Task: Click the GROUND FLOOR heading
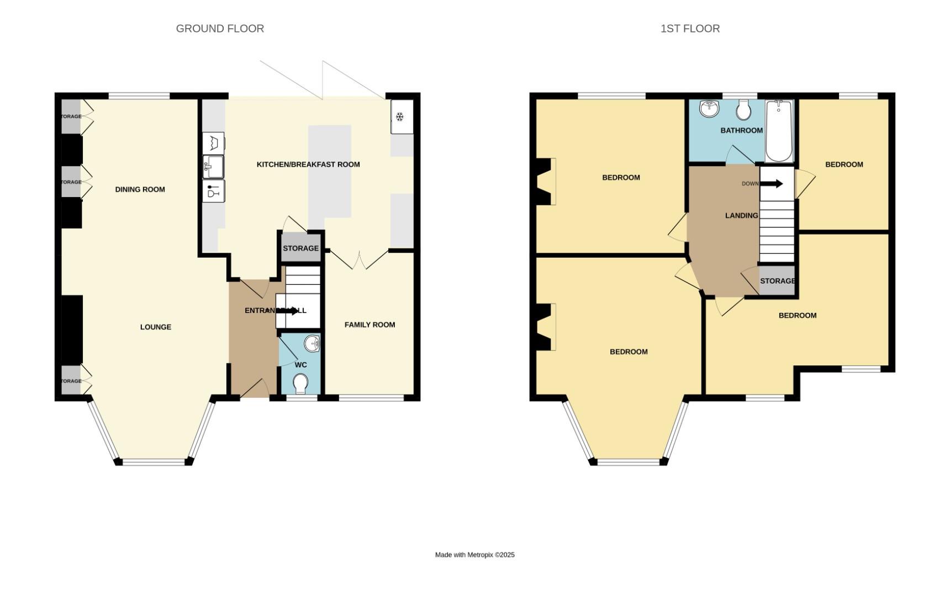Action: (x=220, y=29)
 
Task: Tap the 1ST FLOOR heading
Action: (x=690, y=29)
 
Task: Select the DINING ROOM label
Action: (x=140, y=189)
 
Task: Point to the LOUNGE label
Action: (x=155, y=327)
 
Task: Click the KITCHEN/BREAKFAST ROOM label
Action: (x=308, y=164)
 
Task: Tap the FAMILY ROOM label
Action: (x=370, y=324)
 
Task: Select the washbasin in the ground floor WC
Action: (x=313, y=343)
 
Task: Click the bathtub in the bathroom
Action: (x=779, y=131)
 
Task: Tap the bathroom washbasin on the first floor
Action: (x=709, y=109)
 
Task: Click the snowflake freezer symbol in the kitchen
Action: (x=400, y=116)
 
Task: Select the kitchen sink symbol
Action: (x=213, y=165)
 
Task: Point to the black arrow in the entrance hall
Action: (x=287, y=311)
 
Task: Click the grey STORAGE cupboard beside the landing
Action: (x=777, y=281)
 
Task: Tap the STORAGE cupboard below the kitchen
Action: (x=300, y=248)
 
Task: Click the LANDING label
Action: (x=741, y=215)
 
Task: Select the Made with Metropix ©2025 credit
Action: (x=474, y=555)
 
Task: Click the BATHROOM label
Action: (x=741, y=131)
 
